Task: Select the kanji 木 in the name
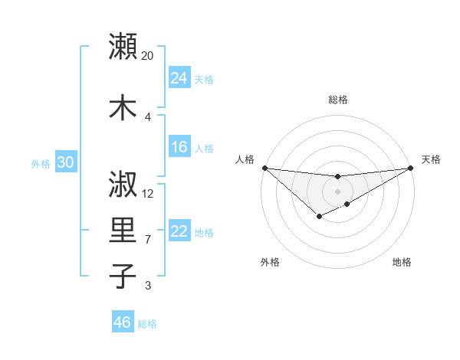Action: (x=123, y=107)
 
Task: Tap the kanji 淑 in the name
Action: (x=123, y=185)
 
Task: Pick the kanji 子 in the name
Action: (x=123, y=277)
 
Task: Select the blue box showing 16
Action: (x=179, y=147)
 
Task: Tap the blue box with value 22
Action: (x=179, y=231)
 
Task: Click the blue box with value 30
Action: (x=65, y=162)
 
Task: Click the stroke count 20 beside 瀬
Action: (x=148, y=56)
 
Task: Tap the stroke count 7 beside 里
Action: (x=147, y=240)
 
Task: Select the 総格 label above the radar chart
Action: (x=337, y=100)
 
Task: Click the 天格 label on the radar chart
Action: (x=431, y=159)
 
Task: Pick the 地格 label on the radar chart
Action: (x=402, y=262)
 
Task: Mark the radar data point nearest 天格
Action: (x=410, y=168)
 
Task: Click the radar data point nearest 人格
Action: (x=264, y=168)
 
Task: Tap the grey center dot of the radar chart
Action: (x=337, y=191)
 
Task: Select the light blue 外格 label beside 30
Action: (x=41, y=163)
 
